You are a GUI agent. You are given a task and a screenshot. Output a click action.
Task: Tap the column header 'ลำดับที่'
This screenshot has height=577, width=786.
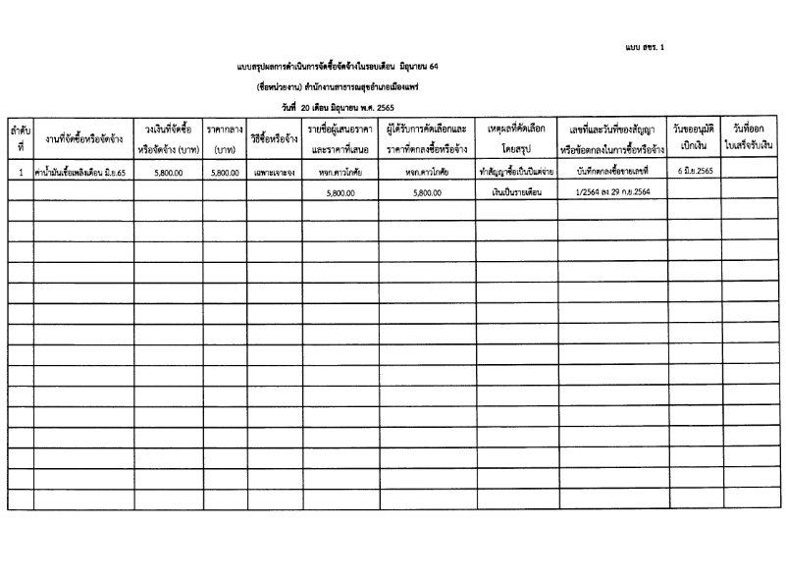tap(19, 137)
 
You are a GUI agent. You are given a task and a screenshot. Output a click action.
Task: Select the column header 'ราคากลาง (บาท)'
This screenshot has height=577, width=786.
tap(225, 138)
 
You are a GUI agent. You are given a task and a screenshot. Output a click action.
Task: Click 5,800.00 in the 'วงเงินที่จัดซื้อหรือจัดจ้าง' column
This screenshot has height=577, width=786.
tap(169, 172)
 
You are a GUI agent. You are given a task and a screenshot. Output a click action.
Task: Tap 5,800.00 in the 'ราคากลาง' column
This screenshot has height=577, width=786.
tap(225, 172)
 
